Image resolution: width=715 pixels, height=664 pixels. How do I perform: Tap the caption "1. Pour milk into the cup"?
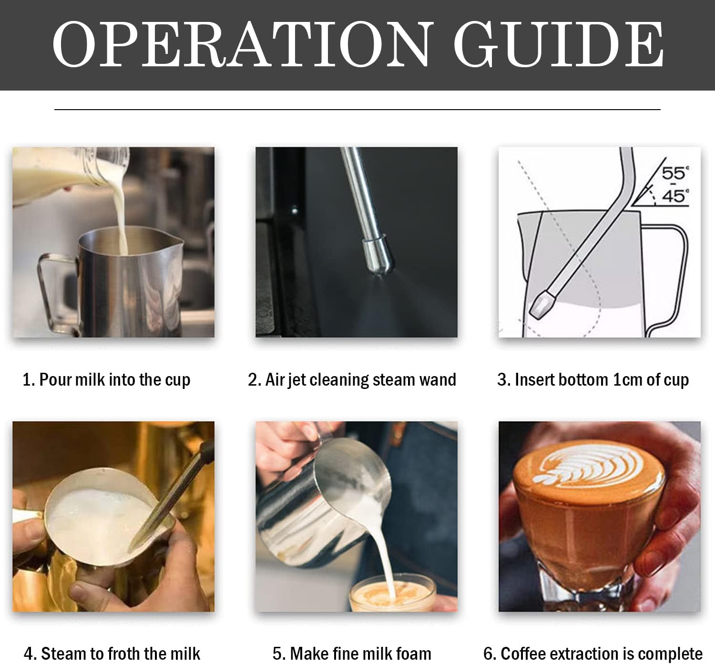point(106,380)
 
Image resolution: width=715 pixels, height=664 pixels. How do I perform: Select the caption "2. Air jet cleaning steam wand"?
point(352,380)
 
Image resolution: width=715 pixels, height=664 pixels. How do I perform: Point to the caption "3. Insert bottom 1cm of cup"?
point(593,380)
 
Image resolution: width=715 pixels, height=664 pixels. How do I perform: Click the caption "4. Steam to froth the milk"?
point(112,653)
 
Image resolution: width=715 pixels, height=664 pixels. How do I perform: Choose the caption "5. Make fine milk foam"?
point(352,653)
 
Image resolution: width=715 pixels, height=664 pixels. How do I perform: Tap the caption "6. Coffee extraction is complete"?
point(593,653)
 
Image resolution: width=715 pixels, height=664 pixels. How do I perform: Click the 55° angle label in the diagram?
point(674,173)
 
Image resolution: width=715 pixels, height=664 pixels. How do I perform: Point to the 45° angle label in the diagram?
point(674,195)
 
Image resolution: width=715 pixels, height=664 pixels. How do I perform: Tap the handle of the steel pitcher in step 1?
point(52,291)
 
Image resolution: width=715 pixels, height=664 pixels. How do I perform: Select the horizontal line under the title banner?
point(357,110)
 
